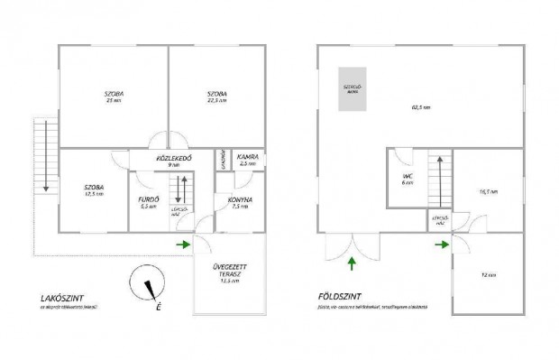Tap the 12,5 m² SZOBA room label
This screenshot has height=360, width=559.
93,189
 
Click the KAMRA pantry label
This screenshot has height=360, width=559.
248,159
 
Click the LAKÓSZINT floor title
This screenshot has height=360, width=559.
63,297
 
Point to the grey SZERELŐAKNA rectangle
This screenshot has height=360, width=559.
353,88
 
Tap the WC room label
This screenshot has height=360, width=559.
408,177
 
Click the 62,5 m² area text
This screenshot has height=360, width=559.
421,106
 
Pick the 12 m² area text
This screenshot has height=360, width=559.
489,274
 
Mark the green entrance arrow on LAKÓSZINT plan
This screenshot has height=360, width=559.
183,244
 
